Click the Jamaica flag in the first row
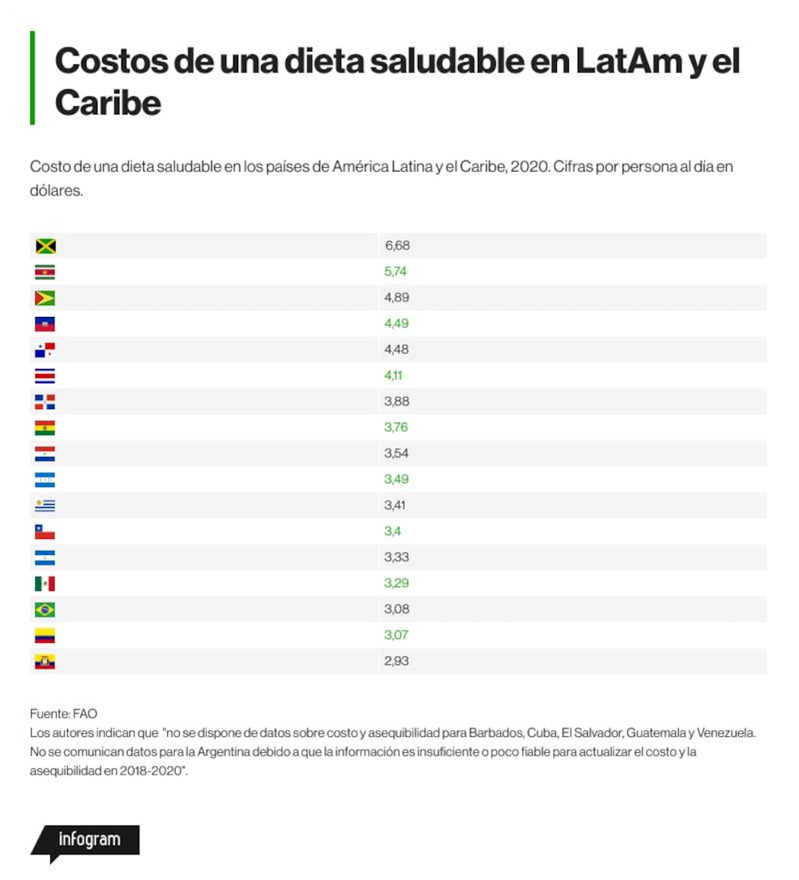(x=45, y=246)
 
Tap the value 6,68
(x=397, y=245)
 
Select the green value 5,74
(x=396, y=272)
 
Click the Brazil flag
(x=45, y=609)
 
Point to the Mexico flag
(x=45, y=584)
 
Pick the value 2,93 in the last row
(x=396, y=661)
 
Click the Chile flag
(x=45, y=532)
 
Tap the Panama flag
(x=45, y=351)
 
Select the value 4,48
(x=396, y=350)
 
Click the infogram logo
(x=85, y=842)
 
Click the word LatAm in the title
(x=628, y=61)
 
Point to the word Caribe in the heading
(x=109, y=103)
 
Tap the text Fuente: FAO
(x=63, y=714)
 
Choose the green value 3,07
(x=396, y=636)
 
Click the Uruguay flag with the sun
(x=45, y=505)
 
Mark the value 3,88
(x=396, y=402)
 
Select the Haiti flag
(x=45, y=324)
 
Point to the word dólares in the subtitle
(x=56, y=191)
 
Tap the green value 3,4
(x=392, y=532)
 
